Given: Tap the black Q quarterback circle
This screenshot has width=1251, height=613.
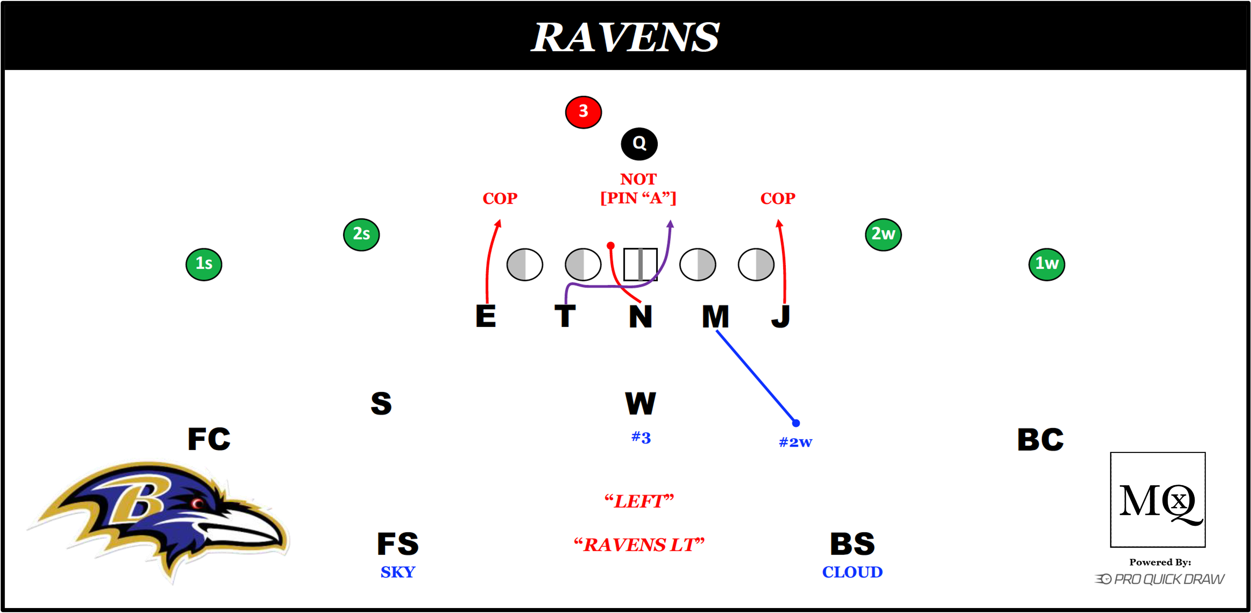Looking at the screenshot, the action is pos(639,144).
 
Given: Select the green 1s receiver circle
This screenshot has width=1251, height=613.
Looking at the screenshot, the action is pos(204,264).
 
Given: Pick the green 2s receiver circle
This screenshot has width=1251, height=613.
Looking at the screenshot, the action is pos(361,235).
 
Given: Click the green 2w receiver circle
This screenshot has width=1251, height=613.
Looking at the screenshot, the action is pos(883,235).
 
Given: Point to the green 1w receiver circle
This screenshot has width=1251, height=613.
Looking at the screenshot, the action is pos(1047,264).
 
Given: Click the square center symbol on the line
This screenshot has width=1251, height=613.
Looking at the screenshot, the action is pos(640,265).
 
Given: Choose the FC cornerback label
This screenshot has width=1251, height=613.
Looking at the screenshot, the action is pos(209,439).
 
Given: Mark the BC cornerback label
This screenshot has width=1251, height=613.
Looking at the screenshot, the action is pos(1040,439).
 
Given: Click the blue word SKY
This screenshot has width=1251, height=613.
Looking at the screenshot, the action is pos(398,572).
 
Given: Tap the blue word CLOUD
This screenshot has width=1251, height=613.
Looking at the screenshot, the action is pos(852,572).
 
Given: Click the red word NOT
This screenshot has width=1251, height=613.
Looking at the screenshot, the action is pos(638,179).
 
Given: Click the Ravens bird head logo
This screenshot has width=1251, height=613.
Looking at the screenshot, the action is pos(160,519).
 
